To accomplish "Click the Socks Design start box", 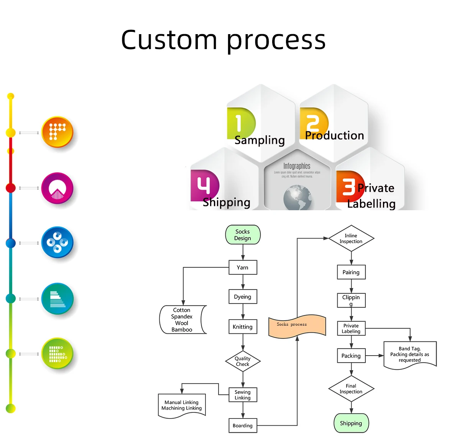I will coord(243,235).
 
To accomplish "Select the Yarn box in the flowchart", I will coord(243,267).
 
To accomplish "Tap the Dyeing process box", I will coord(243,297).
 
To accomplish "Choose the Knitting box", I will coord(243,327).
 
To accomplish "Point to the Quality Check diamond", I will coord(243,361).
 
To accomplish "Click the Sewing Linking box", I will coord(243,395).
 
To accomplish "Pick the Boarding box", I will coord(243,425).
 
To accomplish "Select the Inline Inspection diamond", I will coord(351,239).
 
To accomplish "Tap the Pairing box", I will coord(351,272).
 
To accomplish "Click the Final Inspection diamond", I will coord(351,389).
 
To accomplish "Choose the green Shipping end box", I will coord(351,423).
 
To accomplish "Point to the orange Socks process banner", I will coord(297,326).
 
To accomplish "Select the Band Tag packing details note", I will coord(410,354).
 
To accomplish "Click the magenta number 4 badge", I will coord(204,185).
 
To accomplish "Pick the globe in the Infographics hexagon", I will coord(297,198).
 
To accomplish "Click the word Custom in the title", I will coord(169,40).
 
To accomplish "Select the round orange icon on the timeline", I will coord(57,132).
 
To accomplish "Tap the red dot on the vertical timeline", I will coord(11,188).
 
